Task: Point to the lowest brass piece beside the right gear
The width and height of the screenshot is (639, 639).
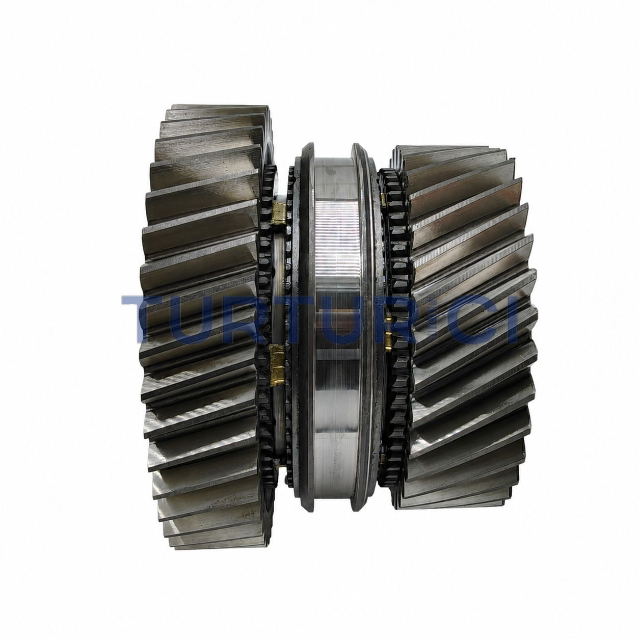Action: [383, 459]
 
